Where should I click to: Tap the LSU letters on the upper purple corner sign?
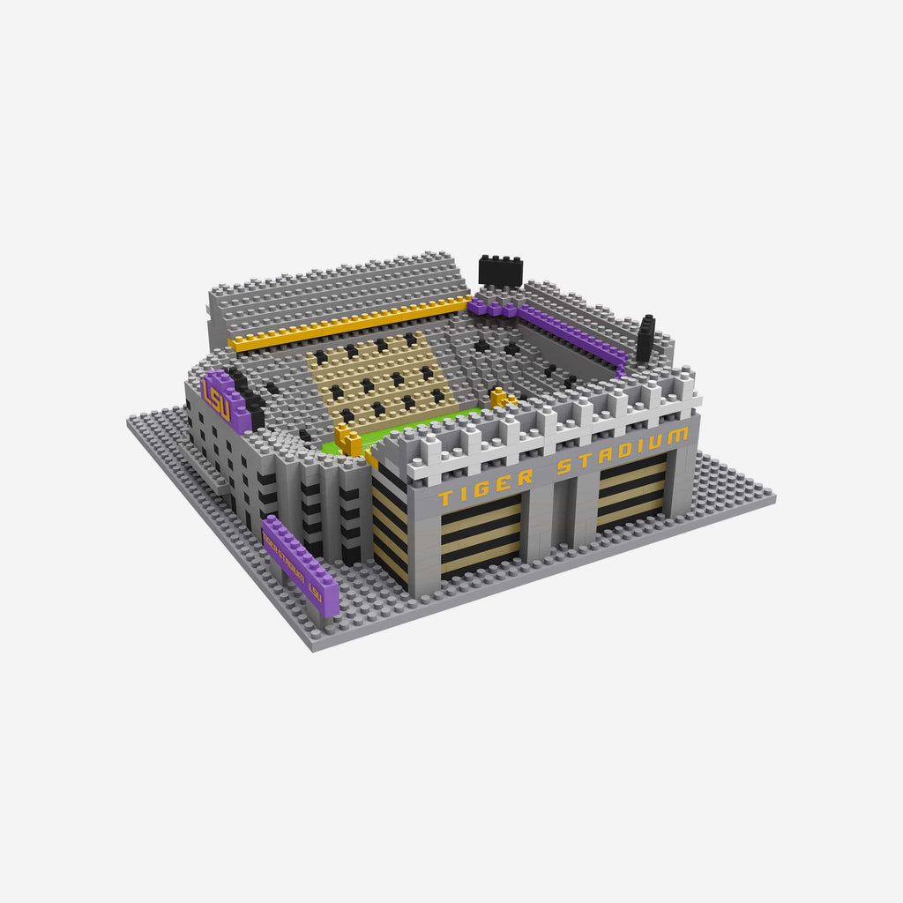215,398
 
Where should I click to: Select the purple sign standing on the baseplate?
300,564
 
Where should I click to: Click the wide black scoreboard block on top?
500,269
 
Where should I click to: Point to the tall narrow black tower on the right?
646,339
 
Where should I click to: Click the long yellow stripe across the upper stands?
348,325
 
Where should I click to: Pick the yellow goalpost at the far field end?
501,399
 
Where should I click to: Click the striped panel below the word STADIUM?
631,494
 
